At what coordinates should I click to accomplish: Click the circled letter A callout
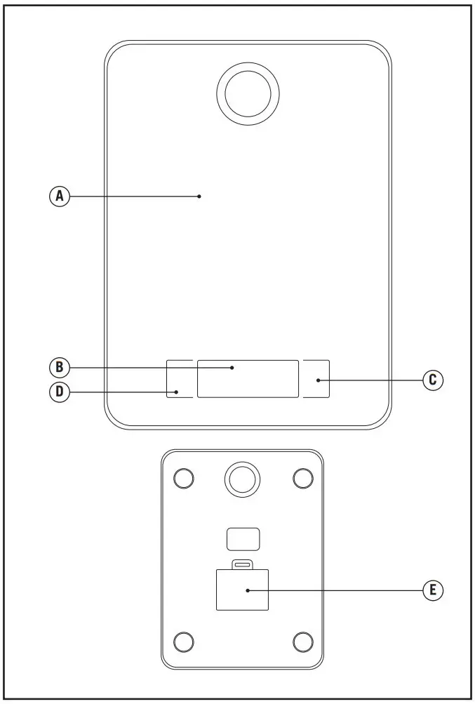click(60, 197)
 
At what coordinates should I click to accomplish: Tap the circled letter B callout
click(60, 367)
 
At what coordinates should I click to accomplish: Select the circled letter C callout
click(433, 380)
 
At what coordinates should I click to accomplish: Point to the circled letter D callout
click(60, 392)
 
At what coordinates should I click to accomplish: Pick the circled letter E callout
click(433, 590)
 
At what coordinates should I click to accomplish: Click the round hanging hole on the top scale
click(248, 94)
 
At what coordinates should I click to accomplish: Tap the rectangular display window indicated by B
click(248, 379)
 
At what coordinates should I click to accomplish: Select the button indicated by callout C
click(316, 379)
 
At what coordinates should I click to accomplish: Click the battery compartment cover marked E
click(243, 590)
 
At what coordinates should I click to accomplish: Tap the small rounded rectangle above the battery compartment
click(243, 539)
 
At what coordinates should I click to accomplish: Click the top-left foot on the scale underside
click(183, 478)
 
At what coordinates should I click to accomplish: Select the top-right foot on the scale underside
click(302, 478)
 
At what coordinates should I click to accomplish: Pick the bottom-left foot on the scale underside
click(183, 641)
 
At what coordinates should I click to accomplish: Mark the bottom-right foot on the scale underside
click(302, 641)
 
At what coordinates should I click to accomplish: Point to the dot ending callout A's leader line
click(199, 197)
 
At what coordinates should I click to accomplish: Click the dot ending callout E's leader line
click(248, 590)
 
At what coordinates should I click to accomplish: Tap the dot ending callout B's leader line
click(233, 367)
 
